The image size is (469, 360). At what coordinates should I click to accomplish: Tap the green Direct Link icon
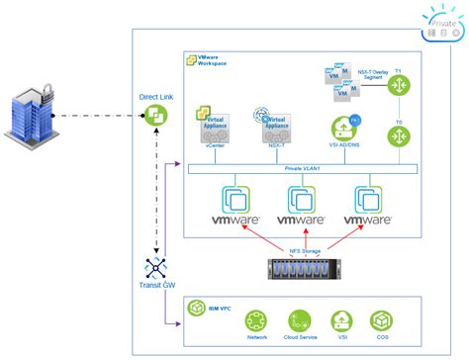[155, 117]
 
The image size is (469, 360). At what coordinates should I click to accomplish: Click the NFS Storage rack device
[305, 267]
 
